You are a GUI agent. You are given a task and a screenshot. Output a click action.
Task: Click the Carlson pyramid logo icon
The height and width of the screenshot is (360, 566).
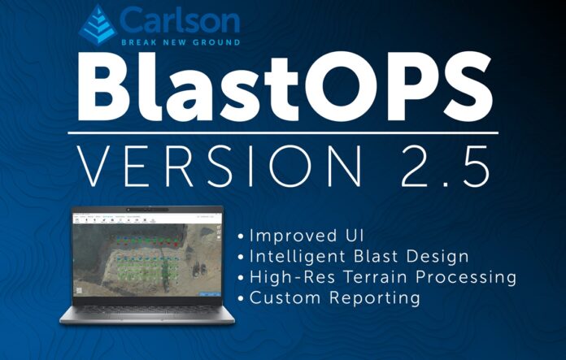pos(98,24)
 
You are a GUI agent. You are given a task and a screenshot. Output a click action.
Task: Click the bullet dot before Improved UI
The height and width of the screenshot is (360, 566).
pos(242,236)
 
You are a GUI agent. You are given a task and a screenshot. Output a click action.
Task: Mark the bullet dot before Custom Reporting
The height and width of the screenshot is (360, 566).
pos(242,299)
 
